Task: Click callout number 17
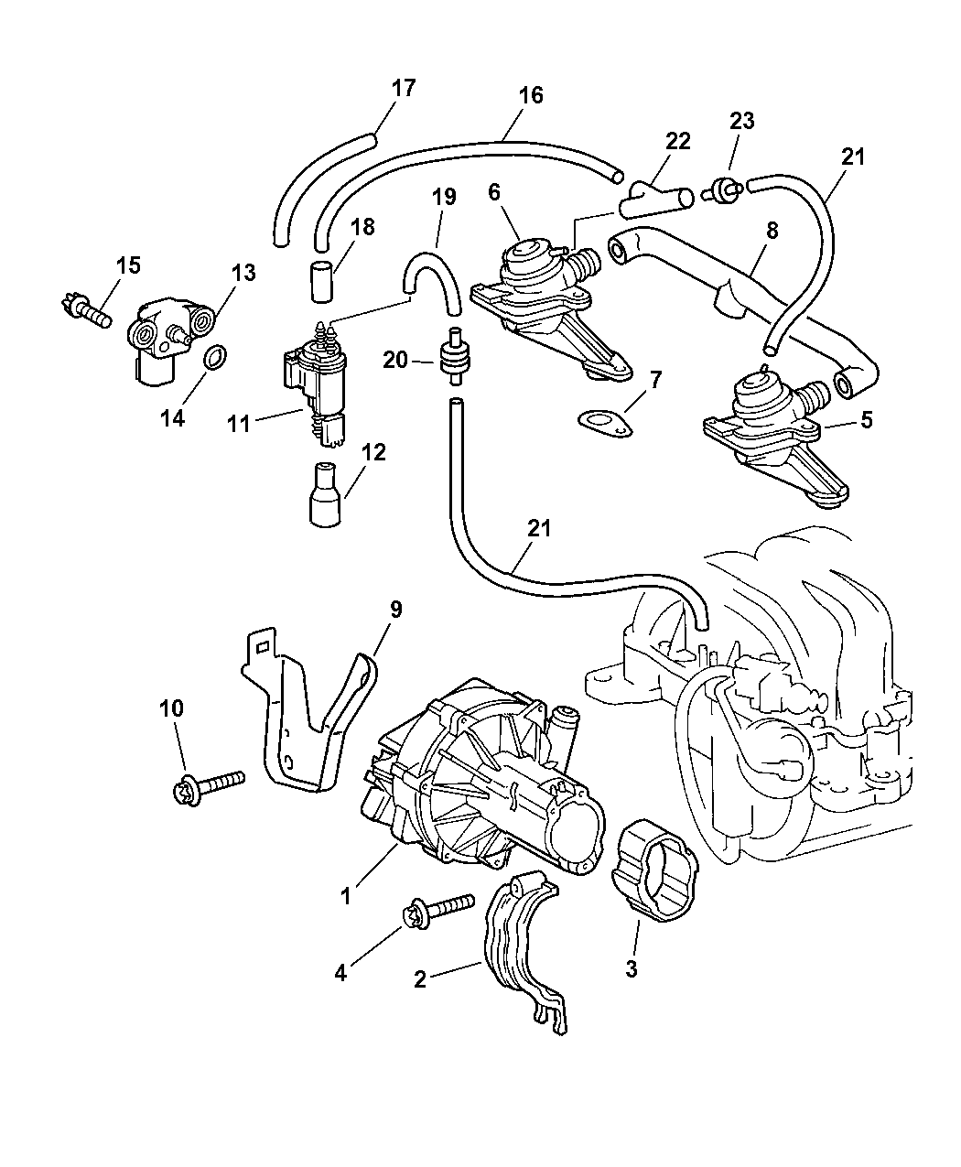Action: pyautogui.click(x=403, y=88)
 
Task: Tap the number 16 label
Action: pyautogui.click(x=531, y=95)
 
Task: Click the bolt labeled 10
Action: pyautogui.click(x=208, y=784)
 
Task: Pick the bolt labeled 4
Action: pyautogui.click(x=437, y=909)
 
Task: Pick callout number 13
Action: pyautogui.click(x=243, y=273)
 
